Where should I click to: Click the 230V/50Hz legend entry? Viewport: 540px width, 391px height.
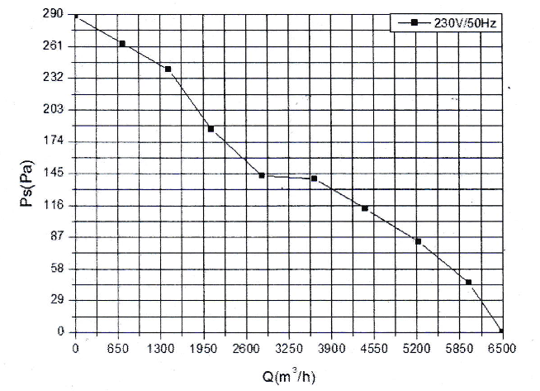tap(451, 23)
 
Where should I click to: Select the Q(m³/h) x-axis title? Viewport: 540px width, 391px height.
tap(289, 377)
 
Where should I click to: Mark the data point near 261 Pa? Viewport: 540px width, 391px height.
tap(122, 43)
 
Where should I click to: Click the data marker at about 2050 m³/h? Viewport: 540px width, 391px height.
tap(211, 129)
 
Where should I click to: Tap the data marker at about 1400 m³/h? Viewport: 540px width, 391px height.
tap(168, 69)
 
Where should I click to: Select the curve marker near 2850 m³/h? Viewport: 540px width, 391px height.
tap(262, 175)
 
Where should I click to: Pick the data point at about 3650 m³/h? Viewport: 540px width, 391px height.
tap(315, 179)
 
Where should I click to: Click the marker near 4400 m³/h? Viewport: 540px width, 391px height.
tap(364, 208)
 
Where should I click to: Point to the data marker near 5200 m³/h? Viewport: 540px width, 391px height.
tap(418, 241)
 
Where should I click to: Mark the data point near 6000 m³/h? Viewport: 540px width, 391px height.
tap(468, 282)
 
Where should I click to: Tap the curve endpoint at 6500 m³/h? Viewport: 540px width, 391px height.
tap(500, 331)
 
